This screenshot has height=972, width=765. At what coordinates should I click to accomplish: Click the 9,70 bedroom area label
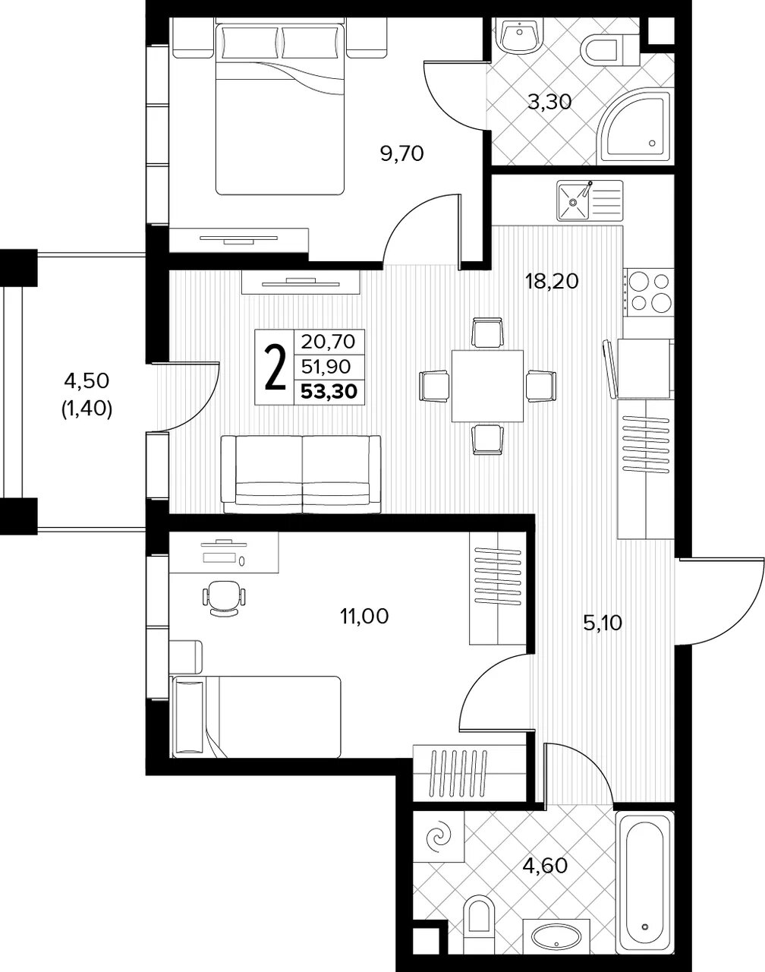coord(402,154)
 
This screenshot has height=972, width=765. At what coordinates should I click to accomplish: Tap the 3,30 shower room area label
coord(549,102)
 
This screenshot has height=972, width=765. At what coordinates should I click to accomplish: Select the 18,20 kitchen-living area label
coord(552,282)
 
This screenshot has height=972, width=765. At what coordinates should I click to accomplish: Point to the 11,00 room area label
coord(364,616)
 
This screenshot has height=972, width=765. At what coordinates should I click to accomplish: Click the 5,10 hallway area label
coord(603,623)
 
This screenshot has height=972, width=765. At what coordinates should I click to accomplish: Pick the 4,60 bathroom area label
coord(545,866)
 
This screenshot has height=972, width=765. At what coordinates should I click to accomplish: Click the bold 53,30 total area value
coord(329,392)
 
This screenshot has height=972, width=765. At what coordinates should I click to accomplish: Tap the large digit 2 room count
coord(275,367)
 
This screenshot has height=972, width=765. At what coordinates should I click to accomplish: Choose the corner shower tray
coord(635,128)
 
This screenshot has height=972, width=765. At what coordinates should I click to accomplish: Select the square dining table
coord(487,386)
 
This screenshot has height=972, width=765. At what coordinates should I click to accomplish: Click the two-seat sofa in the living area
coord(301,474)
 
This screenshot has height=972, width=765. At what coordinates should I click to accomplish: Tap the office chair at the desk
coord(225,598)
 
